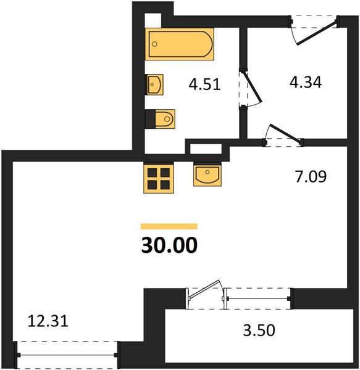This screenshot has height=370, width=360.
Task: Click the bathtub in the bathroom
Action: click(x=180, y=44)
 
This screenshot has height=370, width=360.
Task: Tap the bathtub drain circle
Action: click(x=155, y=44)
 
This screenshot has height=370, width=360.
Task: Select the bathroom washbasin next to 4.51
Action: click(x=154, y=84)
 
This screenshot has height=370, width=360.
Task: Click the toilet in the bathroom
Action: click(x=160, y=119)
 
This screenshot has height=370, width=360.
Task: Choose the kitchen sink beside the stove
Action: click(x=207, y=175)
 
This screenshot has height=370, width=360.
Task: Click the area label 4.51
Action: click(x=205, y=84)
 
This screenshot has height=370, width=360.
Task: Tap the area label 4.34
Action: click(x=306, y=83)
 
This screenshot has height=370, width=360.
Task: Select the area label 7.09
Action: click(x=311, y=176)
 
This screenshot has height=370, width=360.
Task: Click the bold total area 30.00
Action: click(x=169, y=245)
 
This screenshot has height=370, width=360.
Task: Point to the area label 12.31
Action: click(x=48, y=321)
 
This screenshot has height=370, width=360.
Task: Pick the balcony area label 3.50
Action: click(x=259, y=330)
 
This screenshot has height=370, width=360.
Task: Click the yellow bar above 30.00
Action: click(x=169, y=226)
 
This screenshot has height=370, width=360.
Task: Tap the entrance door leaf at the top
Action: click(x=317, y=33)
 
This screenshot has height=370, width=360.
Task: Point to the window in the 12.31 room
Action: click(x=67, y=355)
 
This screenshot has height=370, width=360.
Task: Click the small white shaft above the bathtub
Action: click(x=153, y=21)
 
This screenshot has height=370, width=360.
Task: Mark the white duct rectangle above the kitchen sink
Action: click(x=206, y=149)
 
